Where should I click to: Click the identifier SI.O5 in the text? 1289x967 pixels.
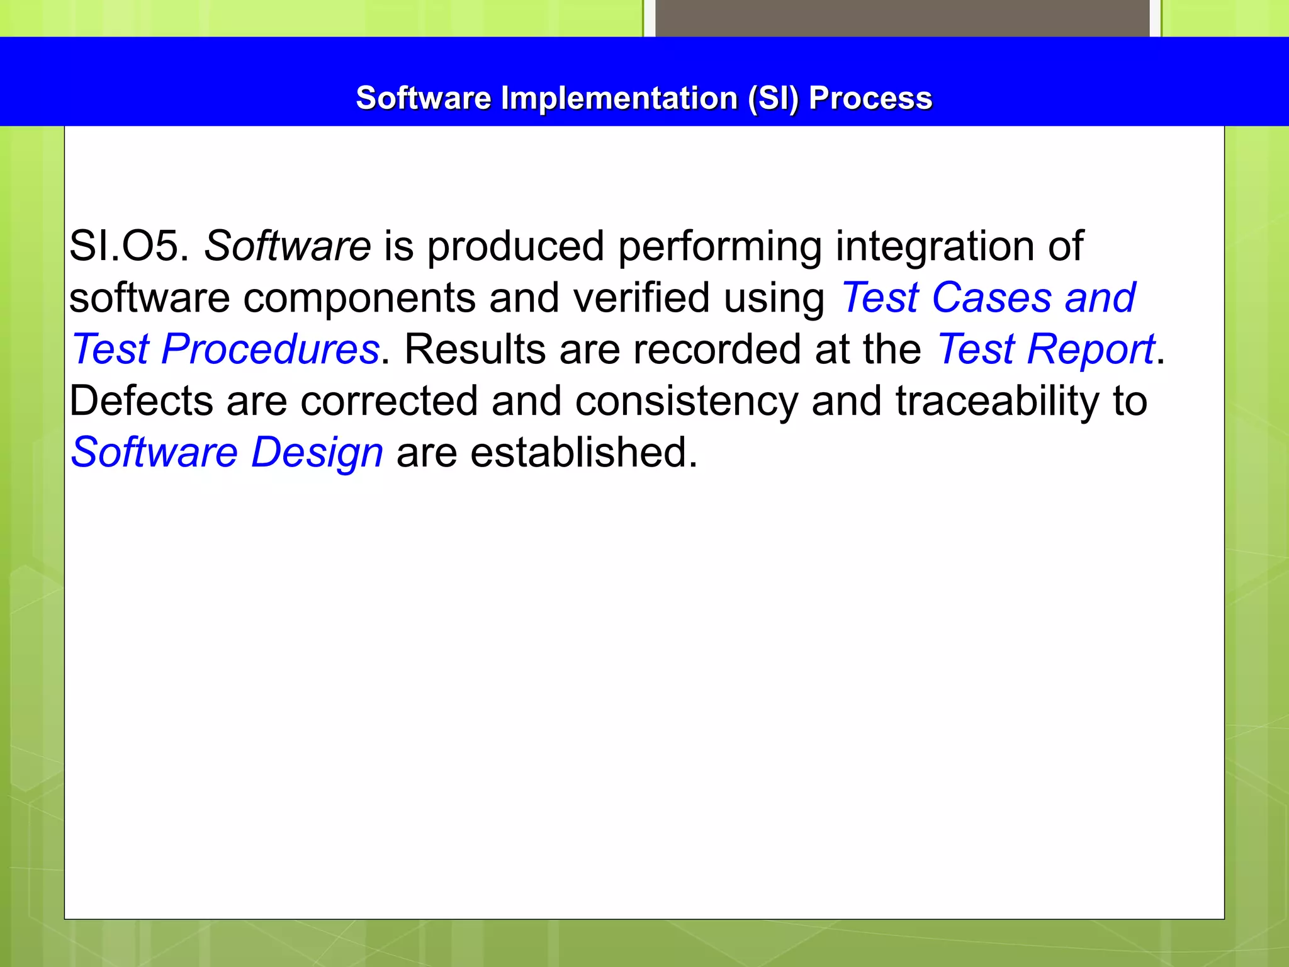(128, 246)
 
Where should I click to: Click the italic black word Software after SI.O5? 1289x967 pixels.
(287, 246)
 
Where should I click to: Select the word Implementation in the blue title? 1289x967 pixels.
(619, 98)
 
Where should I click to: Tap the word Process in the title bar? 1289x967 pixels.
(870, 98)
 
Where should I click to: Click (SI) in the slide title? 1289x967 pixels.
(773, 98)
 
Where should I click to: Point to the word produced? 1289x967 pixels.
(515, 246)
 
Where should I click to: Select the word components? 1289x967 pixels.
(359, 298)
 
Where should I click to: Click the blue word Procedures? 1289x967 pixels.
(270, 349)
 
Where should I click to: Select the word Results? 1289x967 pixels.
(475, 349)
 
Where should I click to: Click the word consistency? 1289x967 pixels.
(686, 401)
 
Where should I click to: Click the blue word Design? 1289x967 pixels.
(317, 453)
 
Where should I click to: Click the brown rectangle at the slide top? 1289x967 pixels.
(902, 18)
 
